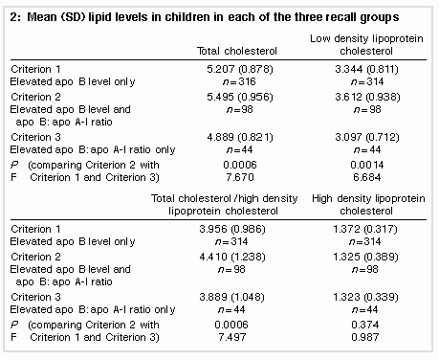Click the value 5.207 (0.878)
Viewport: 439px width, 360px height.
240,69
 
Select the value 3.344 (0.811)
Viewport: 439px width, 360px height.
366,69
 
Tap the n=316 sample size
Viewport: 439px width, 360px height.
239,81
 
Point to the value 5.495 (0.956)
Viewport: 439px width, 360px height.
240,97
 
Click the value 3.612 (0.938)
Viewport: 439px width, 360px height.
367,97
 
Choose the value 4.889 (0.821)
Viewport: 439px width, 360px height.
240,137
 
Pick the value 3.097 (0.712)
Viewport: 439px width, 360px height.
367,137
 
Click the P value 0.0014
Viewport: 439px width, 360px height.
367,165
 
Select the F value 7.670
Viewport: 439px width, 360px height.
240,177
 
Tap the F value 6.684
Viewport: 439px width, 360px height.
367,177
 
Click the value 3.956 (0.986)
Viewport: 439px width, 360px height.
232,229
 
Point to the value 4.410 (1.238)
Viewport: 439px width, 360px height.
232,257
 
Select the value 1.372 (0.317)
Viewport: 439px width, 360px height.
365,229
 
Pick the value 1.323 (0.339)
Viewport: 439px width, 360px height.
365,297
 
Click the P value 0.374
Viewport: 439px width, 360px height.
365,325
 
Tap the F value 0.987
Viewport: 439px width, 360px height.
365,337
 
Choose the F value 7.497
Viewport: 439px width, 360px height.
232,337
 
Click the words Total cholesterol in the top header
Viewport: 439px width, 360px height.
237,51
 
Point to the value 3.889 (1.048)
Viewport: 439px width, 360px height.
231,297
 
